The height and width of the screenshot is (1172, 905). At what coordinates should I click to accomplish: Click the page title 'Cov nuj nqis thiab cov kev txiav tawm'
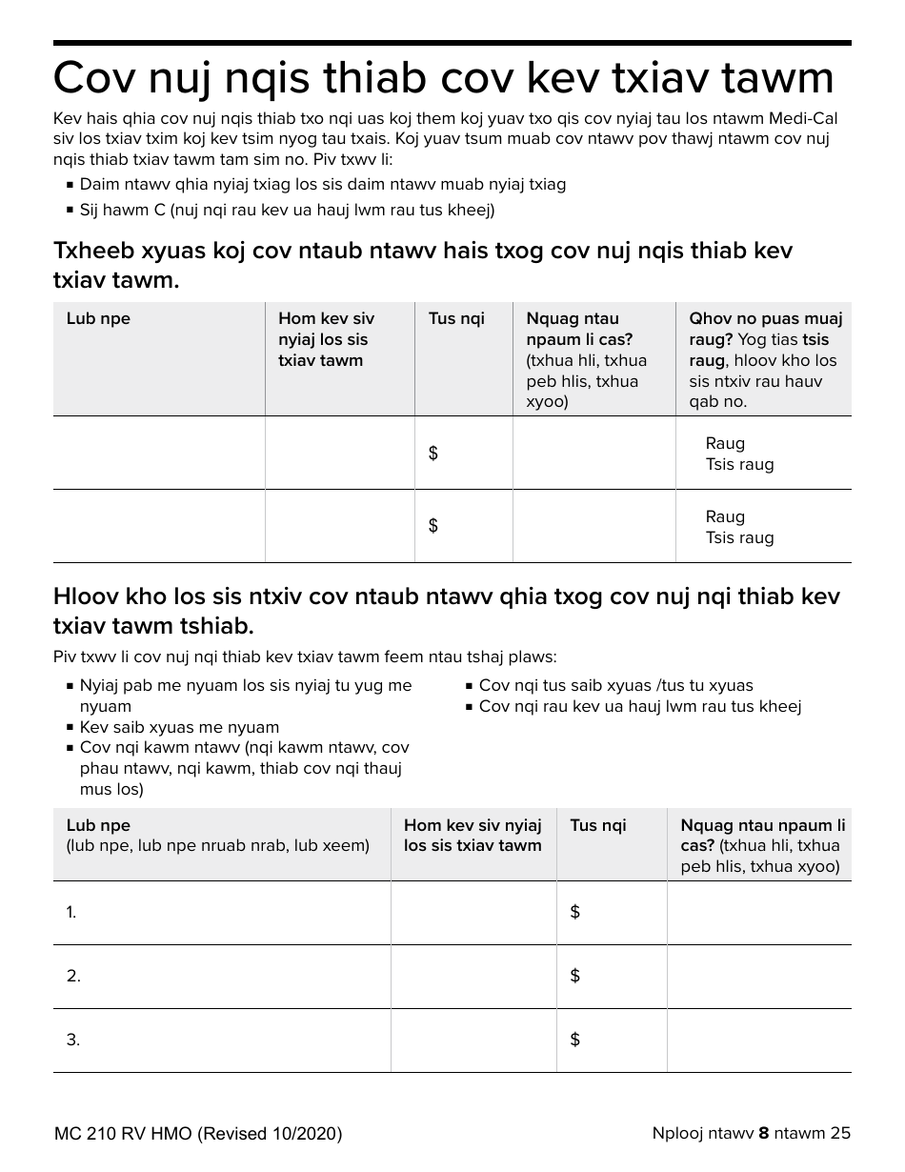(x=443, y=78)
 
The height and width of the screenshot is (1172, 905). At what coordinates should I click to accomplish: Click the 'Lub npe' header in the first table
(x=98, y=318)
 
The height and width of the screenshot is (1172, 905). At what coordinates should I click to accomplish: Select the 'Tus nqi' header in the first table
(x=456, y=318)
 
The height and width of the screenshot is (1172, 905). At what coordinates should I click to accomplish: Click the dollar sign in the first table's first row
(x=433, y=454)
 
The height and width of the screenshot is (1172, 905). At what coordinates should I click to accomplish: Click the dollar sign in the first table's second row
(x=433, y=526)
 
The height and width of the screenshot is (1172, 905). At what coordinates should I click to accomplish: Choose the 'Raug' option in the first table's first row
(x=725, y=443)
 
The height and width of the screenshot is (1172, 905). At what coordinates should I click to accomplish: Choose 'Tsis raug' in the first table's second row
(x=739, y=537)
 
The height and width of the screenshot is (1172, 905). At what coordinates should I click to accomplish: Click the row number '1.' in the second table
(x=71, y=913)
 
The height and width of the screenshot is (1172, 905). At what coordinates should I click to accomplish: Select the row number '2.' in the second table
(x=73, y=976)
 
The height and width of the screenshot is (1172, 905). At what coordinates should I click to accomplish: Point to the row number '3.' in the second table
(x=73, y=1040)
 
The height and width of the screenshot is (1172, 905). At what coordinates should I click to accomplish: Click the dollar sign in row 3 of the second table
(x=574, y=1040)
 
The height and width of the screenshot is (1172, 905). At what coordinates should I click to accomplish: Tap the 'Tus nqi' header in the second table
(x=597, y=825)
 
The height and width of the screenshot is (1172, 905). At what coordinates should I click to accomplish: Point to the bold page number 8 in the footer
(x=763, y=1133)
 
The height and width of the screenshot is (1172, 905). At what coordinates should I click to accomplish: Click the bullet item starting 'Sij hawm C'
(x=287, y=210)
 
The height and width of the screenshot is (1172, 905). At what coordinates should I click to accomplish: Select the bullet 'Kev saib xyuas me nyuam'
(x=179, y=727)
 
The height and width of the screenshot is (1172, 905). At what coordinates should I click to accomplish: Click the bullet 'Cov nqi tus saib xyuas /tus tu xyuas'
(x=615, y=685)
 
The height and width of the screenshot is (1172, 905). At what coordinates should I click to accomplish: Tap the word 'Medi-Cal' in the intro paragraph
(x=806, y=119)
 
